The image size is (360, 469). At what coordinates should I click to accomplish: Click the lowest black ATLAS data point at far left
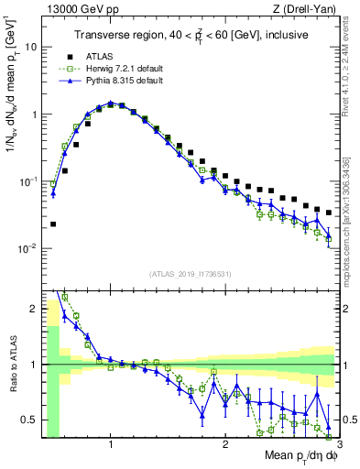52,224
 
